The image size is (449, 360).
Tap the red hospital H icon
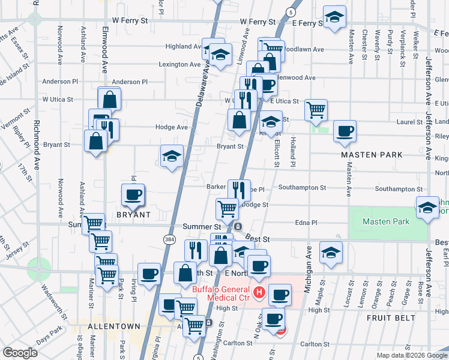coord(259,293)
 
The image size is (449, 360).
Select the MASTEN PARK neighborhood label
coord(372,155)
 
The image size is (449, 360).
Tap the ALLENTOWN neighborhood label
coord(114,326)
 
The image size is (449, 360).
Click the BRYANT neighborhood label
coord(133,214)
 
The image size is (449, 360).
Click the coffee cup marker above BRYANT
coord(133,194)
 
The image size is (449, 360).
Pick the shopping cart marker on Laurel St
coord(316,109)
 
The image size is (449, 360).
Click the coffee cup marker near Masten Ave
coord(345,131)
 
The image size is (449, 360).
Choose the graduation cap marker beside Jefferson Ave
coord(427,207)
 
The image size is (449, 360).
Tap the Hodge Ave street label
coord(172,127)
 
